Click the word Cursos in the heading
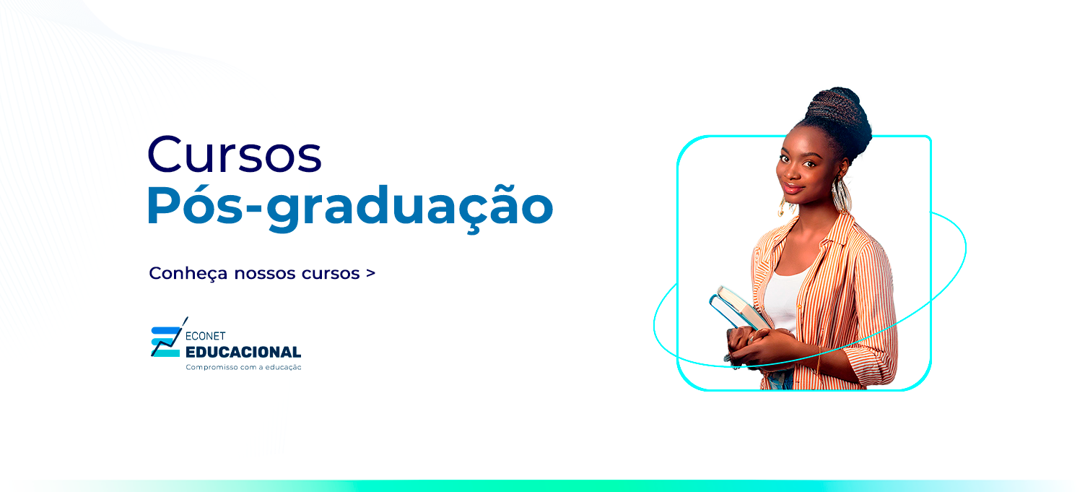[x=235, y=153]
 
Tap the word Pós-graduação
[x=349, y=207]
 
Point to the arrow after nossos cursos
[x=370, y=274]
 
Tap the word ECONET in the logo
[x=206, y=336]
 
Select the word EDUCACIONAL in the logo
[x=243, y=352]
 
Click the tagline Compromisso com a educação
[x=243, y=367]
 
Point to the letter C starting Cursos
[x=165, y=153]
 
